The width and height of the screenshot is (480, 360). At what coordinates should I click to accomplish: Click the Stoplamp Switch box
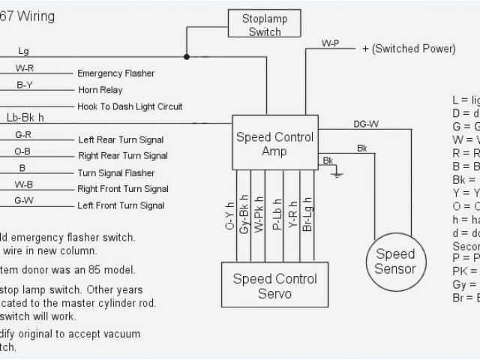click(265, 25)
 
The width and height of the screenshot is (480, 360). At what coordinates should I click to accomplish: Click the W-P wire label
click(331, 43)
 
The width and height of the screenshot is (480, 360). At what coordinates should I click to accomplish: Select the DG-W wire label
click(366, 124)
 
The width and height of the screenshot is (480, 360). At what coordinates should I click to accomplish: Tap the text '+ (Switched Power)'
click(409, 49)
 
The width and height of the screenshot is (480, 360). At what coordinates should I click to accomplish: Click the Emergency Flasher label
click(116, 73)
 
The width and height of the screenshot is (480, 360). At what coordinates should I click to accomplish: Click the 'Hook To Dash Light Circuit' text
click(130, 106)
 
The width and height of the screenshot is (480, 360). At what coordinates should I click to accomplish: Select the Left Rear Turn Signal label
click(121, 139)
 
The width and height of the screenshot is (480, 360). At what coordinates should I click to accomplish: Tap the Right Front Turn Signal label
click(123, 189)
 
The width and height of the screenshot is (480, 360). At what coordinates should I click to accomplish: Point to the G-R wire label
click(23, 135)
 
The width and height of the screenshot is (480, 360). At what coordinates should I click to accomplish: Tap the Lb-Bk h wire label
click(25, 118)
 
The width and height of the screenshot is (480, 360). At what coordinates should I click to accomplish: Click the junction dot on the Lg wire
click(187, 56)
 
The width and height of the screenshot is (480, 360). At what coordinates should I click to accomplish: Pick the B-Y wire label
click(24, 85)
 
